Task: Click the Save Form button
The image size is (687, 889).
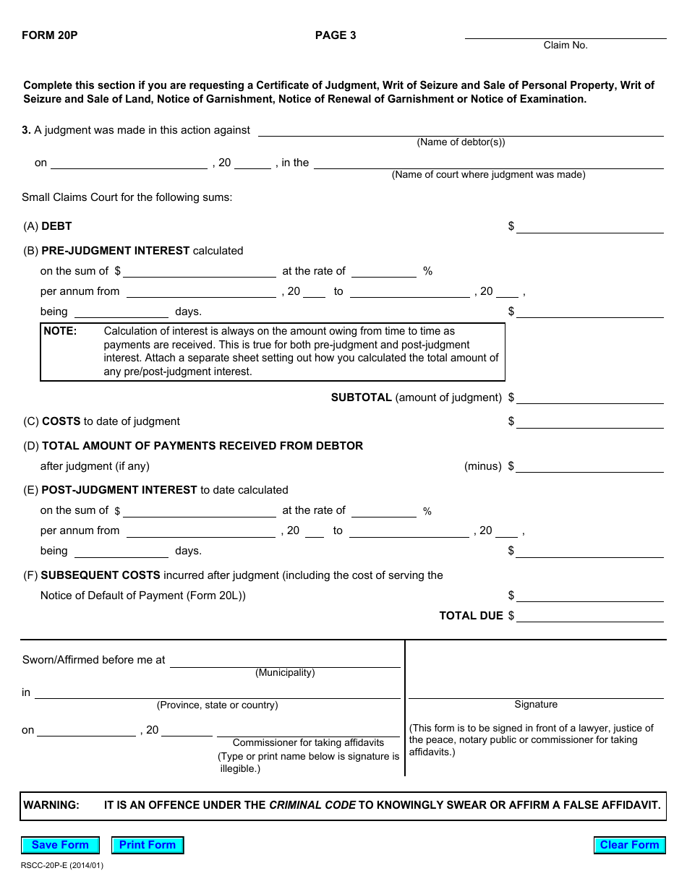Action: coord(60,845)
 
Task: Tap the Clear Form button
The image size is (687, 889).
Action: coord(629,845)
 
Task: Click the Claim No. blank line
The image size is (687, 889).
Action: coord(565,33)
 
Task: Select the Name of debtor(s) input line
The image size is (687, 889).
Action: coord(461,130)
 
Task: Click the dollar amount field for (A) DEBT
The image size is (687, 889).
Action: coord(589,227)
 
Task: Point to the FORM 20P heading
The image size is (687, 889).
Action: coord(50,35)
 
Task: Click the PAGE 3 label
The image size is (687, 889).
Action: coord(336,35)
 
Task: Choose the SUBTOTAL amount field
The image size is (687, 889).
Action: coord(589,398)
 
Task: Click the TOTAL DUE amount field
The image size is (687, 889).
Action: coord(589,616)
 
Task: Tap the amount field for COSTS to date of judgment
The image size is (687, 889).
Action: coord(589,421)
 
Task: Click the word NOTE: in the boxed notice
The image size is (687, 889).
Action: coord(60,331)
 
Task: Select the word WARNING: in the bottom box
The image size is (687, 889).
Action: coord(51,805)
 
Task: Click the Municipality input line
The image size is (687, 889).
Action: coord(285,661)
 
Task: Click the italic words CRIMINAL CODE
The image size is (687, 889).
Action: coord(312,805)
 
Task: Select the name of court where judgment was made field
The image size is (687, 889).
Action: coord(488,163)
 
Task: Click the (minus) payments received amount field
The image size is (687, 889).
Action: coord(589,466)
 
